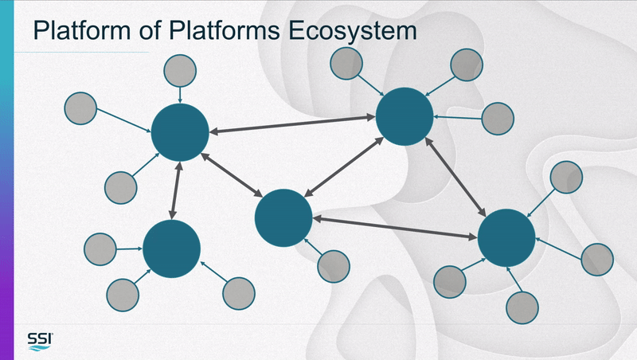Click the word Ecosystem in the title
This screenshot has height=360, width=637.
pos(353,31)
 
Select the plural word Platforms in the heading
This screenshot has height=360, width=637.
pos(225,31)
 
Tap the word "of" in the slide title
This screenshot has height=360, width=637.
pos(150,30)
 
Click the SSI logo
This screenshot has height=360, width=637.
pos(40,342)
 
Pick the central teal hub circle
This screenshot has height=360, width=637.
pos(283,217)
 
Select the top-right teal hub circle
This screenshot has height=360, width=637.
pos(404,116)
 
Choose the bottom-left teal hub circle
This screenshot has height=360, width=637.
pos(171,248)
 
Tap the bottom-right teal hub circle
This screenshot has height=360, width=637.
pos(506,238)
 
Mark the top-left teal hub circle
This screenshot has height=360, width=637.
pos(180,132)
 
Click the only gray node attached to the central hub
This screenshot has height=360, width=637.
pos(334,267)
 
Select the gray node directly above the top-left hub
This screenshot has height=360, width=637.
pos(180,71)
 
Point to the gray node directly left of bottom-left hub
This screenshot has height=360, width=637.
pos(100,249)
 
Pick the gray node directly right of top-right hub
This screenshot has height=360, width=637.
pos(498,119)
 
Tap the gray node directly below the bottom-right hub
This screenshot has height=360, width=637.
pos(522,308)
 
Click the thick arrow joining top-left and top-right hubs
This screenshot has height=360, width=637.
pos(292,124)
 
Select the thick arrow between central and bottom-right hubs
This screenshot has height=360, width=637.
pos(395,228)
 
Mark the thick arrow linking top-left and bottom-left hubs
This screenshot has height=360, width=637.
pos(176,190)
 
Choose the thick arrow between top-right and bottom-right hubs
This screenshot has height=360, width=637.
pos(455,177)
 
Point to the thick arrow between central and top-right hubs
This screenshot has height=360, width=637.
pos(344,167)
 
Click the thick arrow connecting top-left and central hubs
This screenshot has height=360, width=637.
pos(232,174)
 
